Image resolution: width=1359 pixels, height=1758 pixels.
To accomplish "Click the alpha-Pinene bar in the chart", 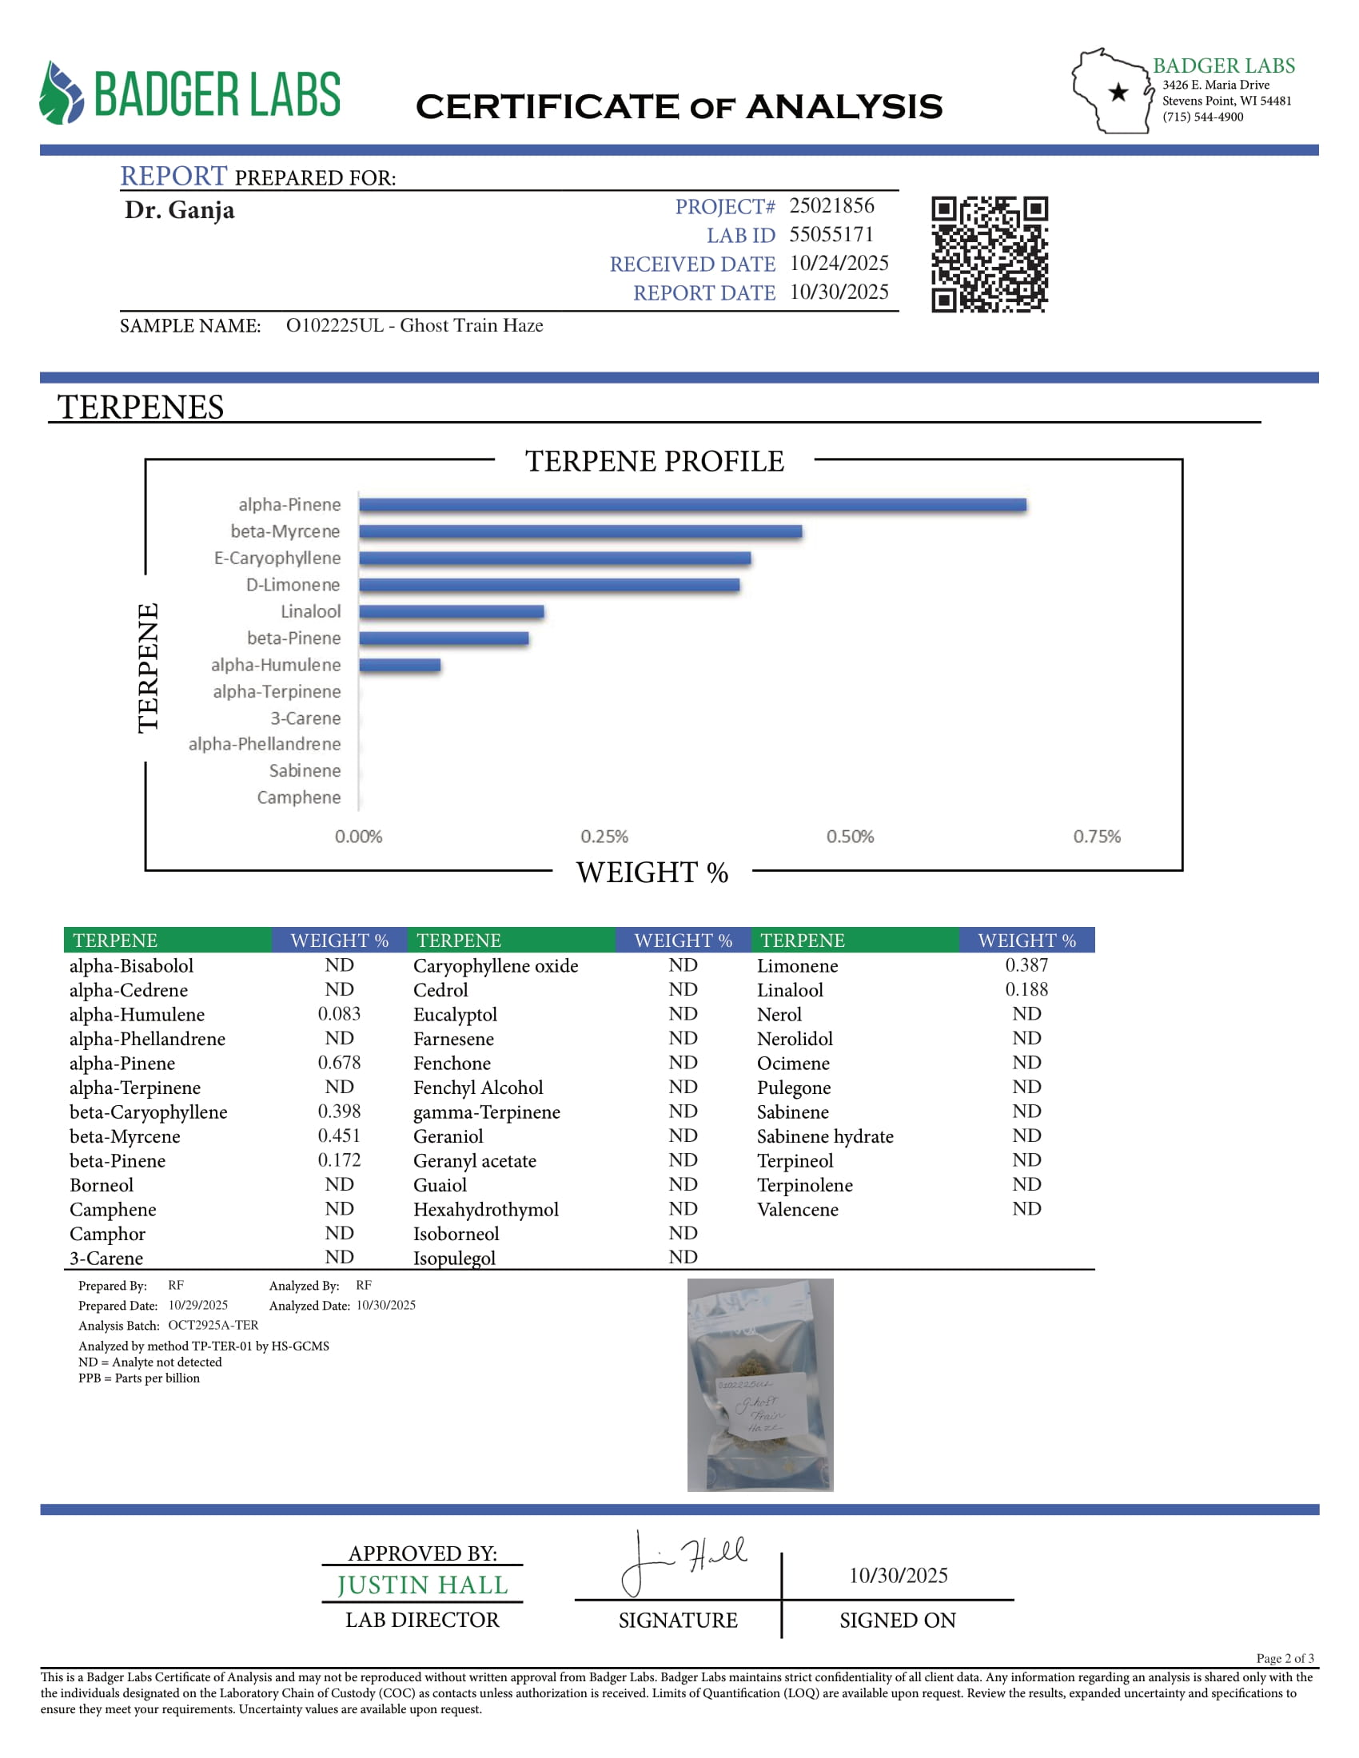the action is click(692, 505).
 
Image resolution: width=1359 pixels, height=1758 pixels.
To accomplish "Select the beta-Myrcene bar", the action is click(580, 531).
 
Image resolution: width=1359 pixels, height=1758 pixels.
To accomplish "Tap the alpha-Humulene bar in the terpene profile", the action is click(400, 665).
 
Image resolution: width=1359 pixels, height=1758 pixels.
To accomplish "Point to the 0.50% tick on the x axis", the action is click(851, 837).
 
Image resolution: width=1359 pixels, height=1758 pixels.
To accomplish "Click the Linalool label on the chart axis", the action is click(310, 612).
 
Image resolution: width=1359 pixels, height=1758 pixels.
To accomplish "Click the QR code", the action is click(990, 253).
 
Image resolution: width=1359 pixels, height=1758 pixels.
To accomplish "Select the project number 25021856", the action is click(831, 206).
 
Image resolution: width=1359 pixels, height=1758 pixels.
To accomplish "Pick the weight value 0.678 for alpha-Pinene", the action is click(339, 1063).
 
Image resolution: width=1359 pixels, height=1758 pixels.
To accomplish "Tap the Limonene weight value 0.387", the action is click(1026, 965).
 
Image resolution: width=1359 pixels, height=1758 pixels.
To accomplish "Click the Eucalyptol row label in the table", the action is click(455, 1014).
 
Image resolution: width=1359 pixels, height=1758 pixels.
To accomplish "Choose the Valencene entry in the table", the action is click(797, 1209).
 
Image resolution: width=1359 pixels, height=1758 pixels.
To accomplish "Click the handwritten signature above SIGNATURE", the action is click(684, 1561).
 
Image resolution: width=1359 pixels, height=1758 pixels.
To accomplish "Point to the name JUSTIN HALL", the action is click(422, 1585).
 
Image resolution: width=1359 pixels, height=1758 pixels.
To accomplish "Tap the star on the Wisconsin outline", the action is click(1118, 93).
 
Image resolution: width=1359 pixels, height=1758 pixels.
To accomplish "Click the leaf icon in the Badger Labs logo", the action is click(62, 93).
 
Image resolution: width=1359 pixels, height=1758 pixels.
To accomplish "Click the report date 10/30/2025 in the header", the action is click(839, 292).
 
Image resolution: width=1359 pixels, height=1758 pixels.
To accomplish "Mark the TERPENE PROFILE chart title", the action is click(654, 461).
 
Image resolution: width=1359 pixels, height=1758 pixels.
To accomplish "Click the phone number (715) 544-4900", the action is click(1202, 117).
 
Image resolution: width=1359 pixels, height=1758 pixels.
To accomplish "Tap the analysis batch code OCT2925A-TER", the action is click(213, 1325).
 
